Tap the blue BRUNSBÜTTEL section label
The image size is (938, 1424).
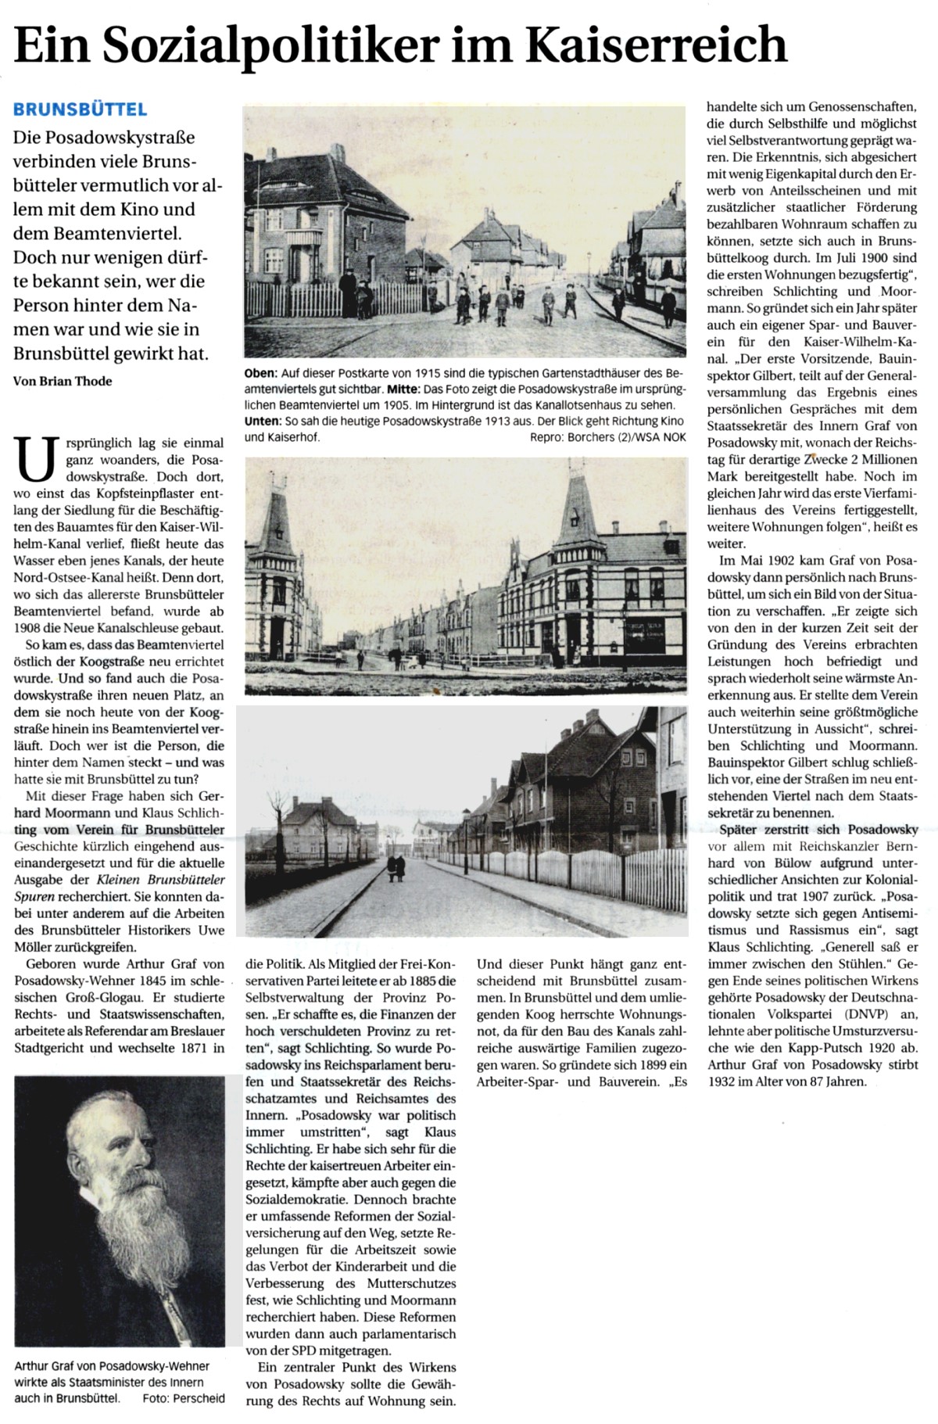point(80,110)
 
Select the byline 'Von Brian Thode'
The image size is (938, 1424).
point(63,381)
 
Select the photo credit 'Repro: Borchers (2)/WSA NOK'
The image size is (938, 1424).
point(607,438)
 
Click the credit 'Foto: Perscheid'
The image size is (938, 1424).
point(184,1398)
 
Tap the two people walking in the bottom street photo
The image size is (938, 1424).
point(396,865)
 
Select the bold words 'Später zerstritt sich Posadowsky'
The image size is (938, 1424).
point(818,829)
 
